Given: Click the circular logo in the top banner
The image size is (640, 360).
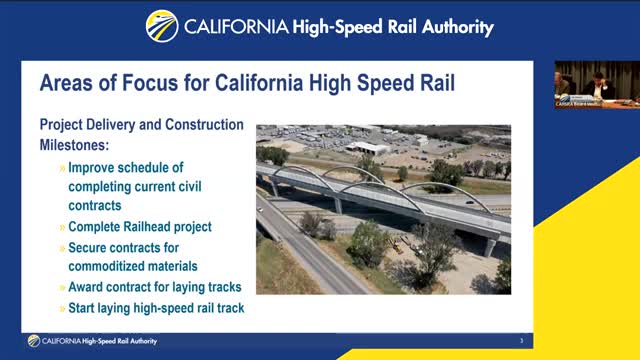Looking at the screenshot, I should click(162, 26).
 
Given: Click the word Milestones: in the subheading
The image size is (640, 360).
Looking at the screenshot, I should click(75, 145).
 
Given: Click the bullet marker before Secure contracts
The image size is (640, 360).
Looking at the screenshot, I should click(62, 247).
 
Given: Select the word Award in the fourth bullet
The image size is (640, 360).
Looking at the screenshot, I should click(89, 288).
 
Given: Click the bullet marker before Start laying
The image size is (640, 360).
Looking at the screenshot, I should click(62, 308).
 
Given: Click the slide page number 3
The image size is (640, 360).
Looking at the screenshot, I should click(521, 341).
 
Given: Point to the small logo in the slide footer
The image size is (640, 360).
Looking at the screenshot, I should click(34, 341).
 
